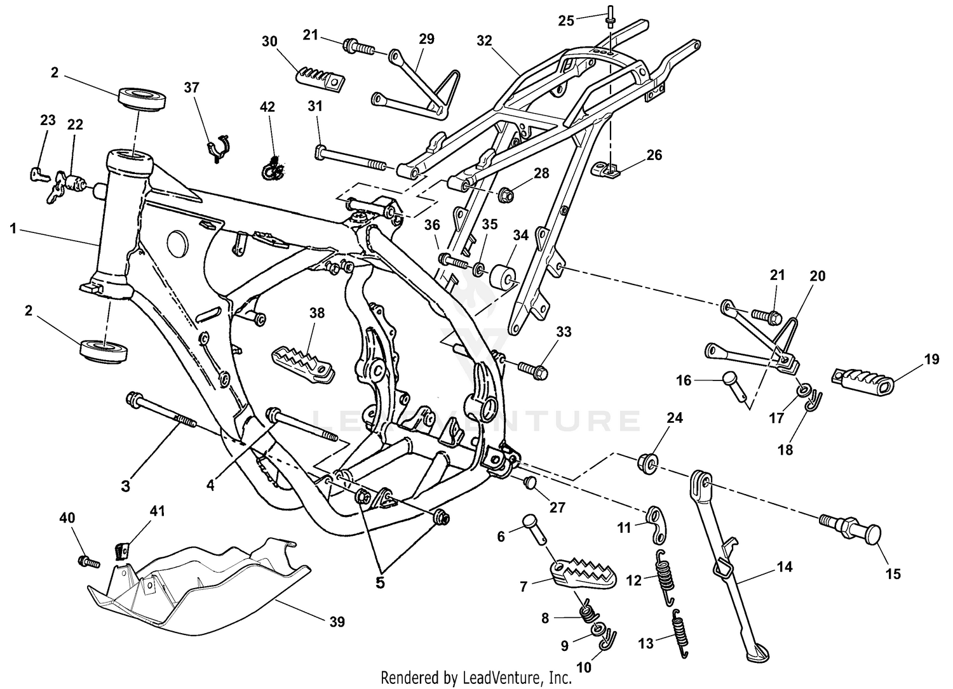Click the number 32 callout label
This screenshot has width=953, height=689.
(x=484, y=41)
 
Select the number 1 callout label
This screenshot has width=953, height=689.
(x=12, y=229)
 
